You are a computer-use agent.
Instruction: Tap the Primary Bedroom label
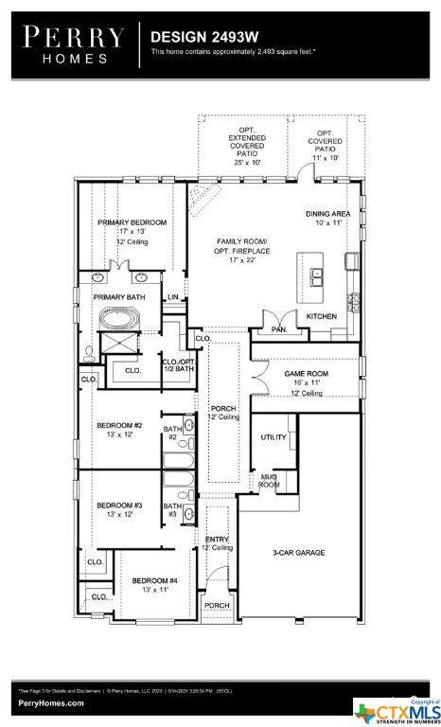tap(132, 222)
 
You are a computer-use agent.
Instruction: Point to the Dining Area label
tap(327, 215)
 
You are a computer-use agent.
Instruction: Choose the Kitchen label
tap(321, 329)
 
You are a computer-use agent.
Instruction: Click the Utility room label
tap(274, 437)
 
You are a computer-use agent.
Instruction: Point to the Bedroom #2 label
tap(119, 426)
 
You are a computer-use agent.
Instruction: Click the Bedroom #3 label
tap(119, 505)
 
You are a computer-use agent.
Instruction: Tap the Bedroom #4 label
tap(154, 580)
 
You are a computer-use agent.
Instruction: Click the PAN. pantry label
tap(278, 329)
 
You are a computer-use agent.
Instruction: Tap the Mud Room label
tap(269, 481)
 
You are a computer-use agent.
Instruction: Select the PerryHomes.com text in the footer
tap(50, 703)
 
